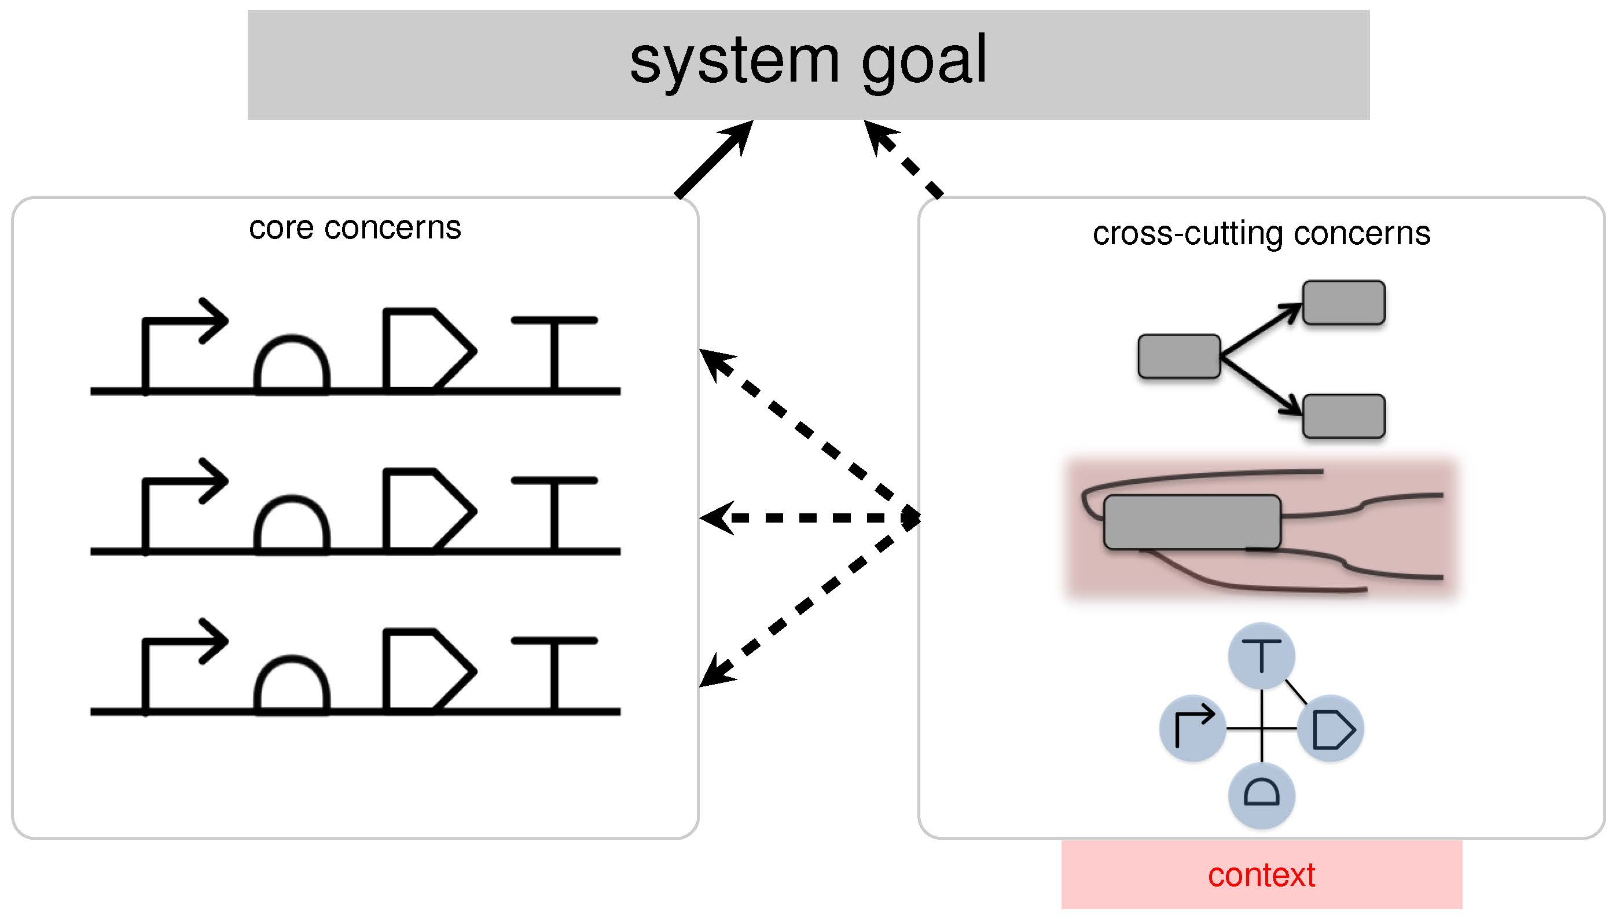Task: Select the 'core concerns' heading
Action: [x=355, y=228]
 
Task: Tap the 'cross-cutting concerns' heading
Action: [x=1261, y=234]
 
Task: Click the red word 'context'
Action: [x=1261, y=875]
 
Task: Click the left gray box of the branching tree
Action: [x=1178, y=356]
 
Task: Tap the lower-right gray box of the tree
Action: [x=1344, y=416]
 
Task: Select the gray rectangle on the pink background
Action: [x=1192, y=522]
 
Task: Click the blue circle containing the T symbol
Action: [x=1261, y=656]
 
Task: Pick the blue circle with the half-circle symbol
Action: [x=1261, y=795]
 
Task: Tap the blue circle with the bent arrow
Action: [x=1192, y=729]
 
